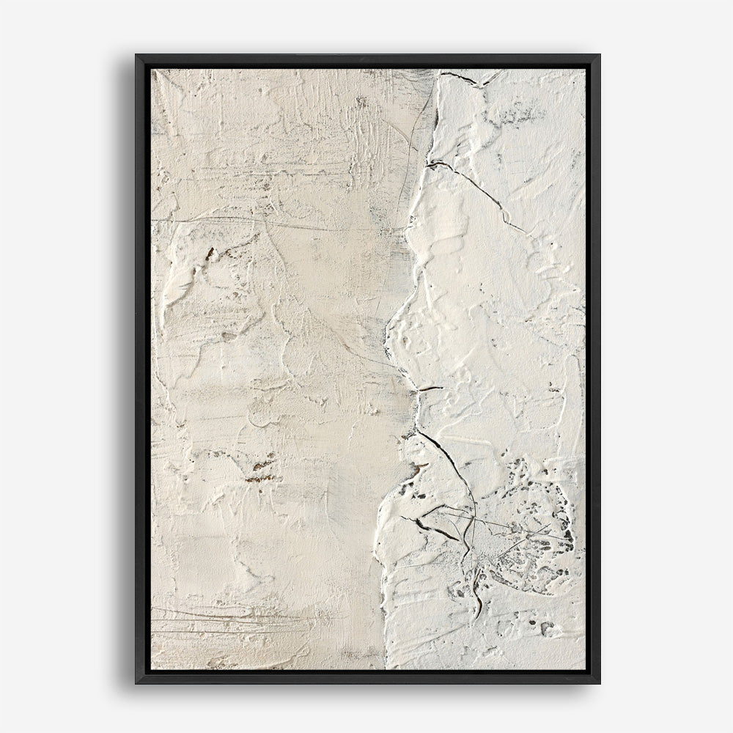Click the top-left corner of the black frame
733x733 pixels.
[137, 56]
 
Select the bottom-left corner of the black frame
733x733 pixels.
[137, 682]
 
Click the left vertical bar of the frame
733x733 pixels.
[143, 366]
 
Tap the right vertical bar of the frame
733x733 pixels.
[592, 366]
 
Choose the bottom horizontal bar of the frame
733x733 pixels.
[366, 677]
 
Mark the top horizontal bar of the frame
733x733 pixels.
[366, 62]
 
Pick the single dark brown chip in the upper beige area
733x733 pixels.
[210, 253]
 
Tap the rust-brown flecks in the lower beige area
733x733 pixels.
[260, 469]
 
